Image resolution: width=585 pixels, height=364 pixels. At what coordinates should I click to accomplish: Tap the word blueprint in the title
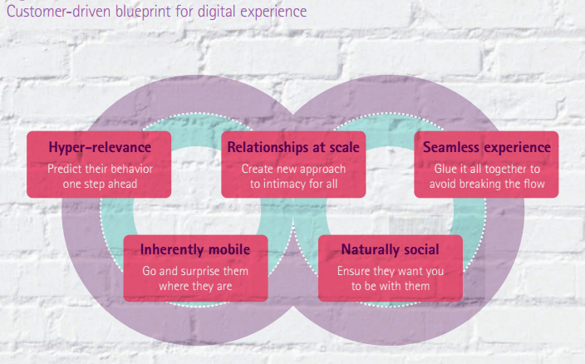coord(143,12)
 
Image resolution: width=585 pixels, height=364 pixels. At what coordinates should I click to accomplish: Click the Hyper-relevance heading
coord(100,147)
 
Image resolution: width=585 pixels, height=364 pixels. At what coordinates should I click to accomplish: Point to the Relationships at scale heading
coord(293,147)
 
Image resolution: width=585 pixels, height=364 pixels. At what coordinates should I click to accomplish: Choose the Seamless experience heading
coord(486,147)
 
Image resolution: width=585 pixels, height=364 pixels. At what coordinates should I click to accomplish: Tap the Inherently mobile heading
coord(195,249)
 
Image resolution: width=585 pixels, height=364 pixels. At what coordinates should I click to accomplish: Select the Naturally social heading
coord(390,249)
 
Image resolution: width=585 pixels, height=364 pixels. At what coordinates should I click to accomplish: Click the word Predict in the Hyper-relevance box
coord(60,169)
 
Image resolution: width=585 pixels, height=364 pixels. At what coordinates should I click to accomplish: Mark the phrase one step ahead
coord(100,184)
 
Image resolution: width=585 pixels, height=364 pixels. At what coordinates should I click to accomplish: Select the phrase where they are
coord(195,286)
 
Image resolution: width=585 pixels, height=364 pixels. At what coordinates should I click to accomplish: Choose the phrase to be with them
coord(391,286)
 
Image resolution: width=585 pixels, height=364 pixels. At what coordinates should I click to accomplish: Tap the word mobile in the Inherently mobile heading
coord(229,249)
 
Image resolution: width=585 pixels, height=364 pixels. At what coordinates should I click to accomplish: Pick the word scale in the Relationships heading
coord(344,147)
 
